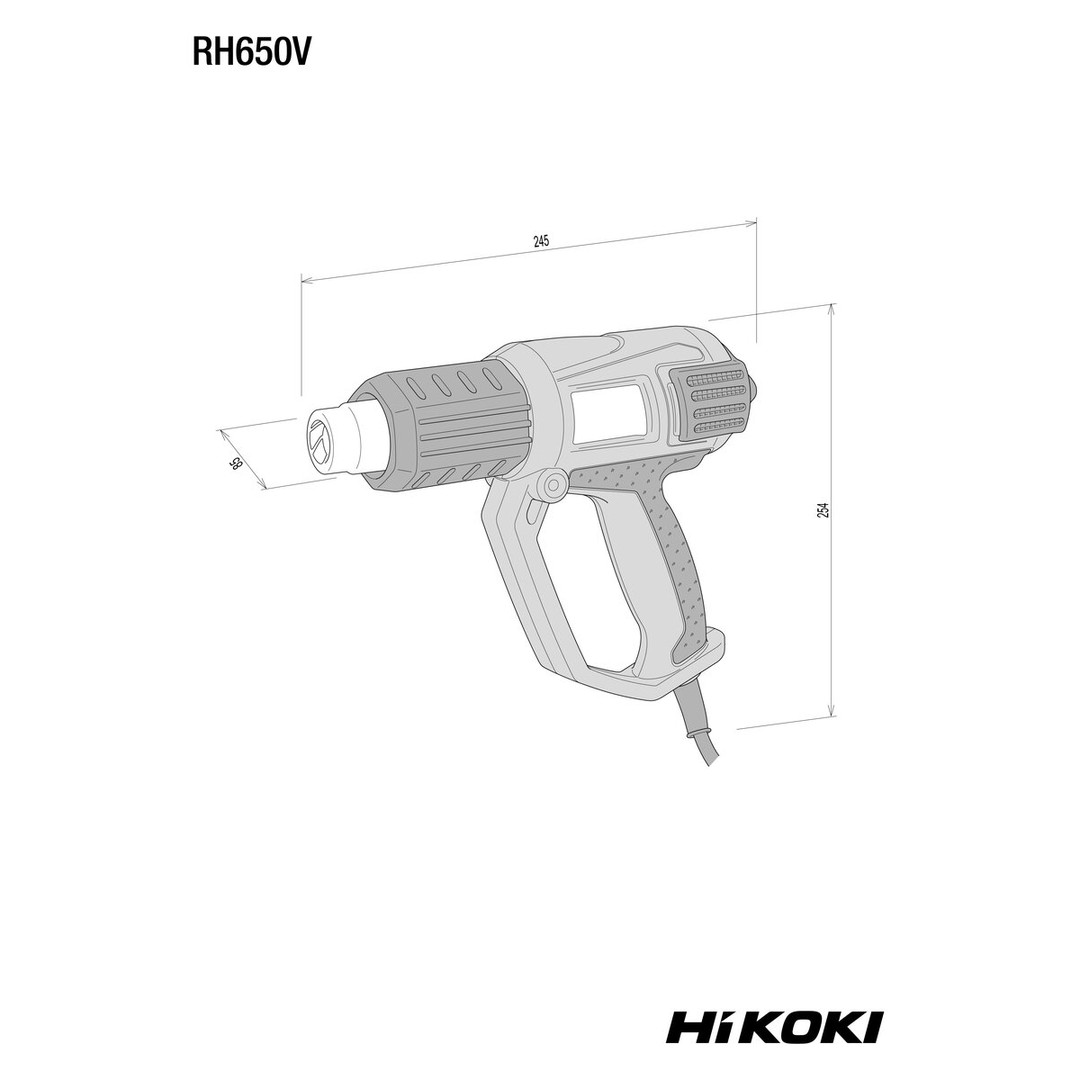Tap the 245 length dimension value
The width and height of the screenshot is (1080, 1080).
pyautogui.click(x=541, y=241)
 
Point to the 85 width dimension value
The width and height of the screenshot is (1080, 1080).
pyautogui.click(x=236, y=463)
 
